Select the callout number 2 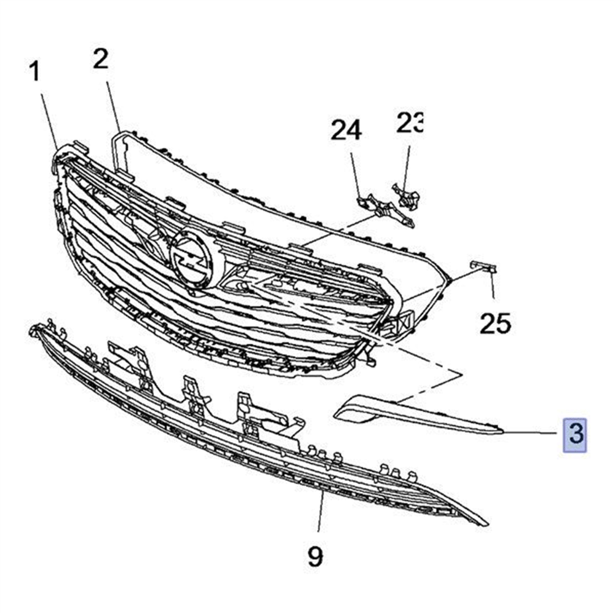tap(100, 59)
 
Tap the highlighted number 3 tap(574, 435)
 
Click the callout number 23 tap(410, 123)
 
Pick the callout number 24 tap(346, 130)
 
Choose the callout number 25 tap(495, 323)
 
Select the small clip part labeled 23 tap(407, 196)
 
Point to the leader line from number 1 tap(49, 122)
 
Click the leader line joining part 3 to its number tap(530, 433)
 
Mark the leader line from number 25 tap(493, 285)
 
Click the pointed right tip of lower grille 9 tap(488, 524)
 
